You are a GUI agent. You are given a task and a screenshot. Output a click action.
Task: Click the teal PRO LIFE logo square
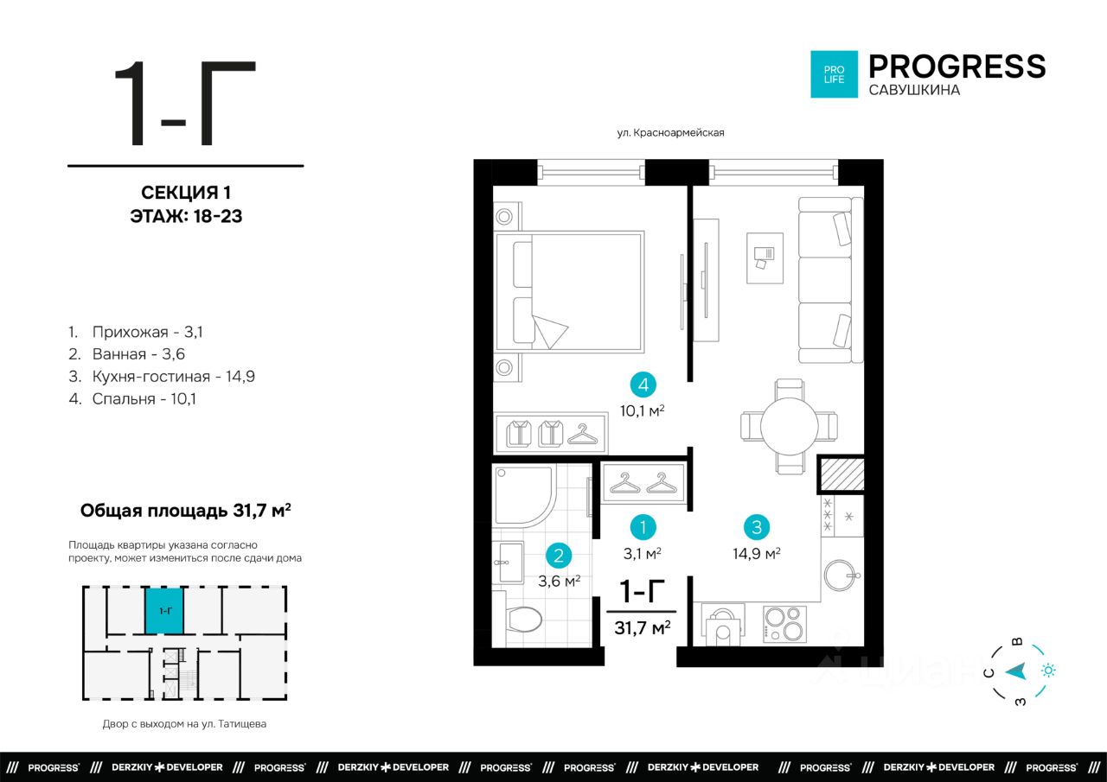point(834,74)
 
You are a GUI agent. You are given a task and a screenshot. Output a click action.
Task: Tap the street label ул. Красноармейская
point(670,133)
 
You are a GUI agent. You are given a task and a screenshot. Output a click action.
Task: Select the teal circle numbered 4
point(643,385)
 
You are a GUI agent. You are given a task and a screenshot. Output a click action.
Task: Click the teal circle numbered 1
point(643,527)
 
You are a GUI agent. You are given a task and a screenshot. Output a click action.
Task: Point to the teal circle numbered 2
point(559,556)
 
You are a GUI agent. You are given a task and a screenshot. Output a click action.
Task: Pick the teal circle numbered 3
point(757,527)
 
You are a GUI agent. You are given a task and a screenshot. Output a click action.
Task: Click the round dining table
point(790,426)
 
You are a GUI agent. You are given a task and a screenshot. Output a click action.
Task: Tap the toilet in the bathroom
point(523,619)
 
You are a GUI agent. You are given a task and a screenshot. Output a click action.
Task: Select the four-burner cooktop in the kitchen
point(784,625)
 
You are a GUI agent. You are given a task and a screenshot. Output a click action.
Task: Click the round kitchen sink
point(840,575)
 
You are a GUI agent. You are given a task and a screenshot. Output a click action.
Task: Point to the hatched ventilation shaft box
point(841,474)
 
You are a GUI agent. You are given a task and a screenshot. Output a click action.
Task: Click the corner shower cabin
point(524,496)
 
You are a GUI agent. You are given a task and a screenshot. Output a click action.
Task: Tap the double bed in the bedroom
point(570,292)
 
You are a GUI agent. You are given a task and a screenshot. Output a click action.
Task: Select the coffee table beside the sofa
point(765,258)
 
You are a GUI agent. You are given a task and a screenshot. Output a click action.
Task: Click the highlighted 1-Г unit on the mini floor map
point(164,611)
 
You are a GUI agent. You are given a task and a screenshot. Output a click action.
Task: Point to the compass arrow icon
point(1016,671)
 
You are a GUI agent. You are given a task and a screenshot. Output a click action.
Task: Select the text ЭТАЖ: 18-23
point(186,216)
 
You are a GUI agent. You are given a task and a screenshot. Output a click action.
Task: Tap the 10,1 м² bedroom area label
point(643,410)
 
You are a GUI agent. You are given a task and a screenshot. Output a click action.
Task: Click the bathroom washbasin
point(509,563)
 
